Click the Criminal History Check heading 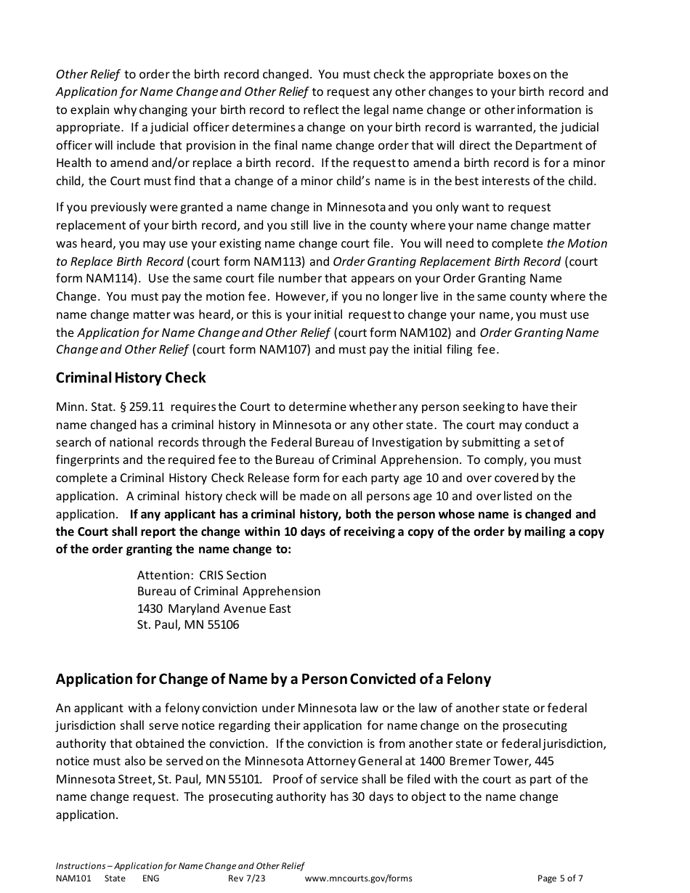[131, 378]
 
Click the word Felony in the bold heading [466, 679]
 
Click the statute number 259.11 [147, 407]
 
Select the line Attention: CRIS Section [201, 575]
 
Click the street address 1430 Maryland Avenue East [214, 608]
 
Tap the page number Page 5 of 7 [560, 878]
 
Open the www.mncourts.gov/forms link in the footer [358, 878]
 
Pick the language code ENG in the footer [150, 878]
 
